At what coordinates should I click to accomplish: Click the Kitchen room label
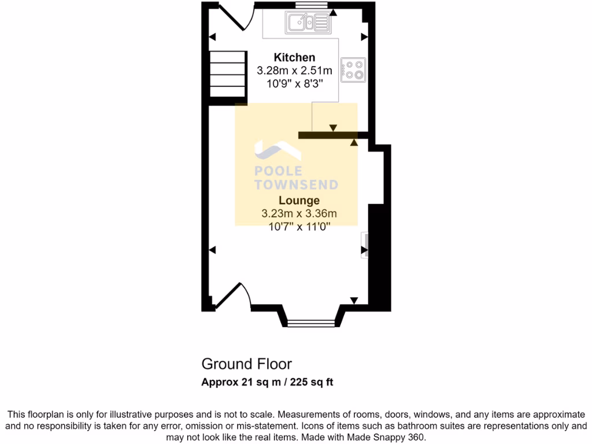coord(294,57)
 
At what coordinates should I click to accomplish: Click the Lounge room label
coord(299,201)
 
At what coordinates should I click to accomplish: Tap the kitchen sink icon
coord(307,23)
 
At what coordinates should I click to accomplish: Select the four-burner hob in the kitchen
coord(353,69)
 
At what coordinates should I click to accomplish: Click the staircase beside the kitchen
coord(227,74)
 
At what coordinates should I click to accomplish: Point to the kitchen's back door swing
coord(235,17)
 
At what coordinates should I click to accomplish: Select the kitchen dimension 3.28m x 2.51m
coord(294,71)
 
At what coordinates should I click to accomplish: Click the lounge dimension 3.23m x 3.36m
coord(299,214)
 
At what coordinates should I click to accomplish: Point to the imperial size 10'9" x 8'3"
coord(294,84)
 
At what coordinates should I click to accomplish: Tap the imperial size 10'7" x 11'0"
coord(299,227)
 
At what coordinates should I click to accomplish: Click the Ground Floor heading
coord(246,364)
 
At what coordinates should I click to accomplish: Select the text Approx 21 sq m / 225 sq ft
coord(267,382)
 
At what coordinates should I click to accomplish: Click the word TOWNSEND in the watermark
coord(296,184)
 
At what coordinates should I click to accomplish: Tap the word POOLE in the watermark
coord(278,171)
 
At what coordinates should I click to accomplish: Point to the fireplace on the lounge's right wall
coord(364,245)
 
